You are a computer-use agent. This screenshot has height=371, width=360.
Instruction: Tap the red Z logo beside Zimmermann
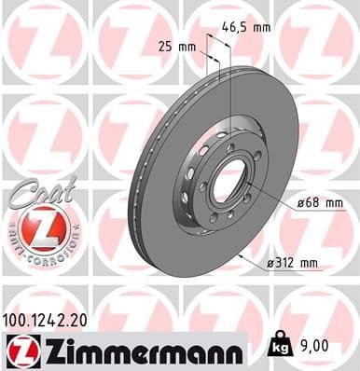click(22, 350)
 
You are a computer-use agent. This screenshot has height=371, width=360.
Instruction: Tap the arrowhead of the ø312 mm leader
click(242, 252)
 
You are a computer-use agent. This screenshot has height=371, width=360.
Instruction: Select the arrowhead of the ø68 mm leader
click(247, 186)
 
